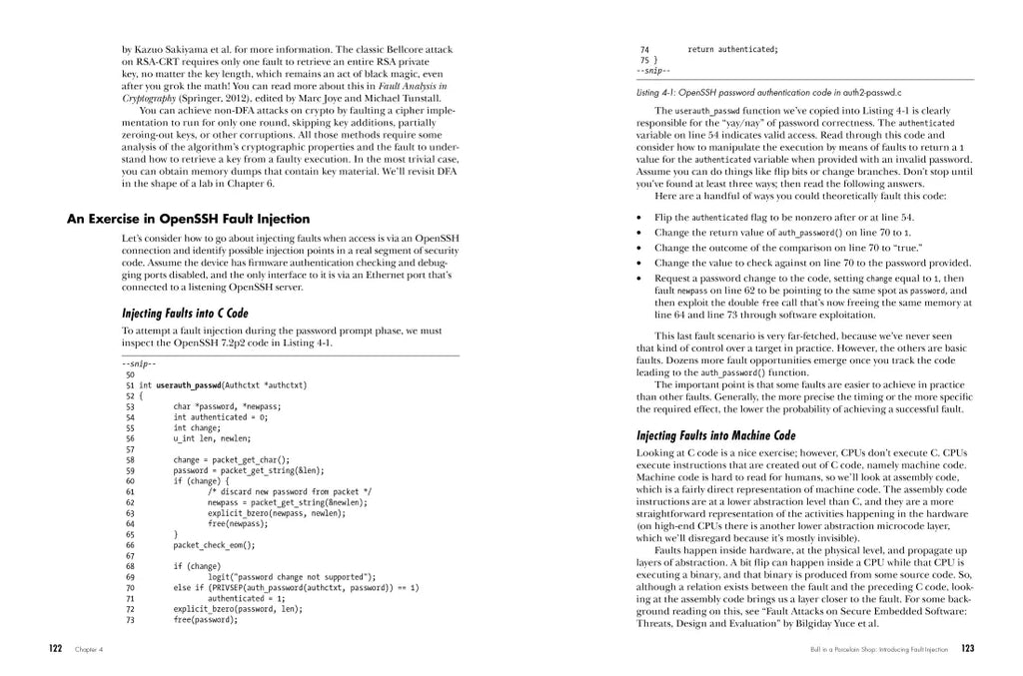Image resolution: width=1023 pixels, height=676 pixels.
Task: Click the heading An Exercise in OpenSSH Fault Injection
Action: [x=188, y=219]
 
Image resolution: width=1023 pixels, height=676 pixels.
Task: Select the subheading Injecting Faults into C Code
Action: [x=185, y=313]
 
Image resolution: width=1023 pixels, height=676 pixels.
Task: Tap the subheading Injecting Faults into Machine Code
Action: [x=716, y=435]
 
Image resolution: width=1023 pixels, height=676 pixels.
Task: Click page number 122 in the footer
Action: [x=57, y=649]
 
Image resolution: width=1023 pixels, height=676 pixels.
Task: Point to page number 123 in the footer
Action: [x=967, y=649]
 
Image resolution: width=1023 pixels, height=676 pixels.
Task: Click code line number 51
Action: [x=130, y=384]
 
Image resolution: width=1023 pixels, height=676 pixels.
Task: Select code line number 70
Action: [x=130, y=588]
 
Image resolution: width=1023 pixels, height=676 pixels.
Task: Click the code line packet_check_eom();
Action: [x=214, y=545]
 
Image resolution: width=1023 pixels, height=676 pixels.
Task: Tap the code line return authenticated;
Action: [x=732, y=49]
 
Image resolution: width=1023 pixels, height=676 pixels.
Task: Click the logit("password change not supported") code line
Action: [x=291, y=577]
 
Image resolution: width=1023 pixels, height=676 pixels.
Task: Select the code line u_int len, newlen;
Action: [x=212, y=438]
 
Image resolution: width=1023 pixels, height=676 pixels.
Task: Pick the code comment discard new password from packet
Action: [x=290, y=491]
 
